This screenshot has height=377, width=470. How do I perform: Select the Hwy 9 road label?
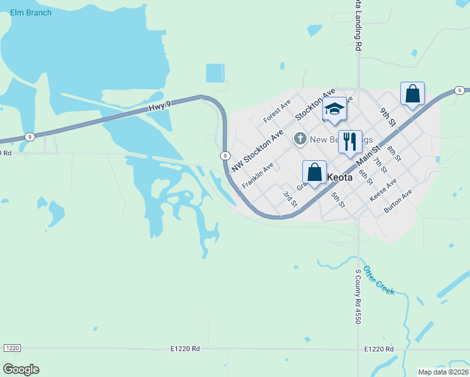[160, 108]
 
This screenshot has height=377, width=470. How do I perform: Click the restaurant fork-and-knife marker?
[350, 141]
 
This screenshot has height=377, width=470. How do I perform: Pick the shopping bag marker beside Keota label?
[314, 173]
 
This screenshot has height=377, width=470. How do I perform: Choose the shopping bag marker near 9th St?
[412, 94]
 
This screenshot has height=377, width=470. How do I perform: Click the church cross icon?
[300, 138]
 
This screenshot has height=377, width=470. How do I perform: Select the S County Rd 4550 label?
[358, 296]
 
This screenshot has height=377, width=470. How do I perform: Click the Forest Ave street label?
[277, 110]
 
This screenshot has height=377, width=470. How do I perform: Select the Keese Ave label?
[383, 189]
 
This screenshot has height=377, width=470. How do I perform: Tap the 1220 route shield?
[12, 348]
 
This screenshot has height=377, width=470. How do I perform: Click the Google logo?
[21, 369]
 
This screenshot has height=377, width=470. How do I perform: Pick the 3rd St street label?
[290, 199]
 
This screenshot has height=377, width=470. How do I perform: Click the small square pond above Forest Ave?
[215, 73]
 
